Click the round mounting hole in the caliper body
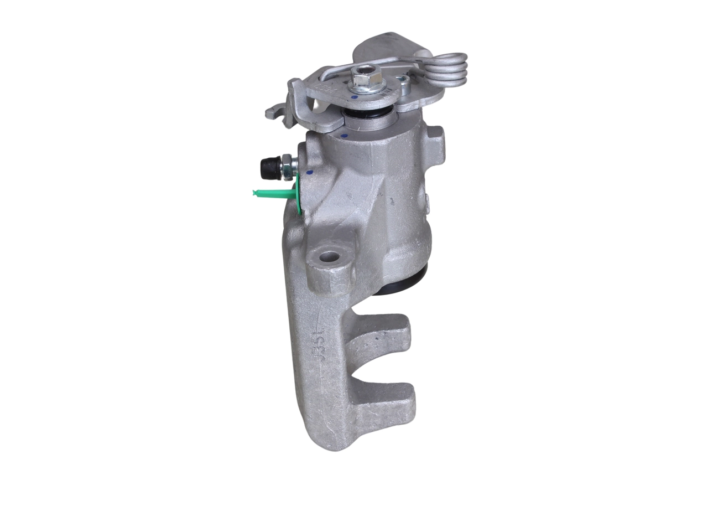pos(329,257)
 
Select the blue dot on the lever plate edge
pos(355,97)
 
